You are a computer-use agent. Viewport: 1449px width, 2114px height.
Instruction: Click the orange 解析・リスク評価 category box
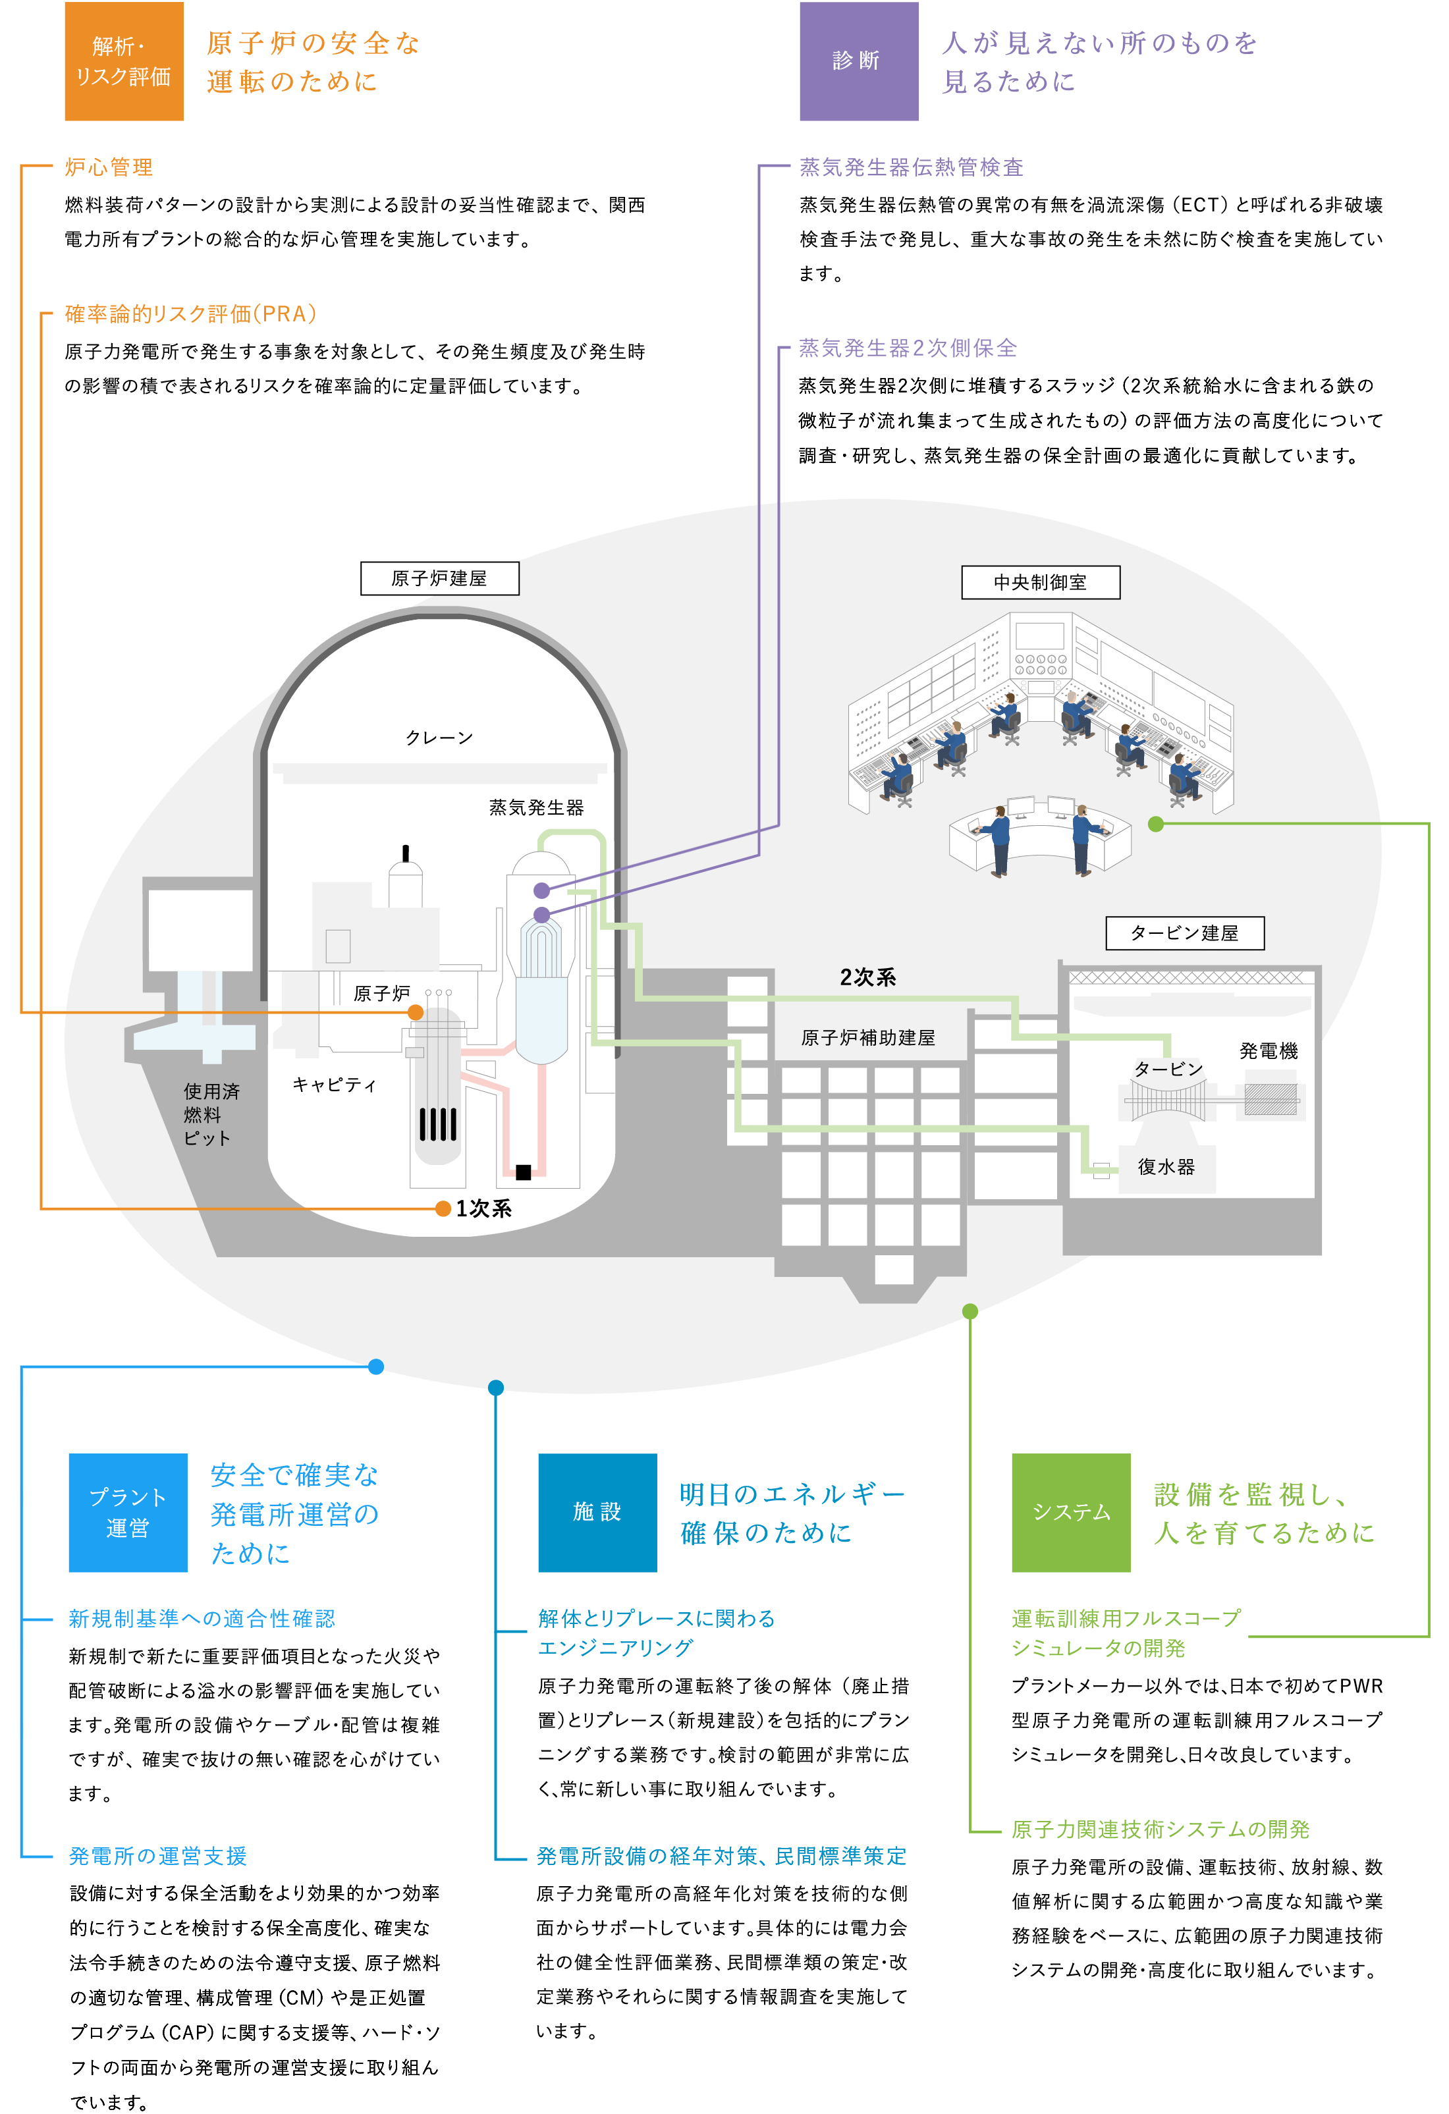click(124, 61)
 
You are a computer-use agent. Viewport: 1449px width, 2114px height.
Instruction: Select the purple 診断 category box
click(858, 61)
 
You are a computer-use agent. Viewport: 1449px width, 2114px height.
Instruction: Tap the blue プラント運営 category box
click(127, 1512)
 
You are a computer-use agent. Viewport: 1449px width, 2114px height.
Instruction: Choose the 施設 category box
click(597, 1512)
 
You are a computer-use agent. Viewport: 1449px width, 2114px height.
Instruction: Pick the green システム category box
click(1070, 1512)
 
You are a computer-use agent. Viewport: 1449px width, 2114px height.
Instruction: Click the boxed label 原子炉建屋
click(439, 578)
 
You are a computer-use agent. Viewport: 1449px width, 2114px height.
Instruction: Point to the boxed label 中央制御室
click(1040, 582)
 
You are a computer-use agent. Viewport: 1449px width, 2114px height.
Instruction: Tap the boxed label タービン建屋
click(1184, 933)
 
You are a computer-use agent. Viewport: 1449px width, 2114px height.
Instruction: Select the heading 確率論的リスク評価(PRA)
click(191, 314)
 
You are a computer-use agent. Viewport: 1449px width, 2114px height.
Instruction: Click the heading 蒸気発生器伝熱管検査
click(912, 167)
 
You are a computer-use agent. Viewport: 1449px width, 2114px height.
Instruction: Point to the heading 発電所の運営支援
click(158, 1856)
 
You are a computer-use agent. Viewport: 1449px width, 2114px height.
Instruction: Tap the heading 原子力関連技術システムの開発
click(1160, 1829)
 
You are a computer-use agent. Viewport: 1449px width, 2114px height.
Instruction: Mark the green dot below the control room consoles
click(1155, 824)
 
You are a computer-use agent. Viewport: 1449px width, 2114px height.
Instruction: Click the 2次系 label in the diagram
click(868, 977)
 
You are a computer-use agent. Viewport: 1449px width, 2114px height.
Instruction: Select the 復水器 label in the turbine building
click(1165, 1167)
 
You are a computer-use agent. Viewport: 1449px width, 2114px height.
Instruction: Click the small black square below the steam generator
click(523, 1172)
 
